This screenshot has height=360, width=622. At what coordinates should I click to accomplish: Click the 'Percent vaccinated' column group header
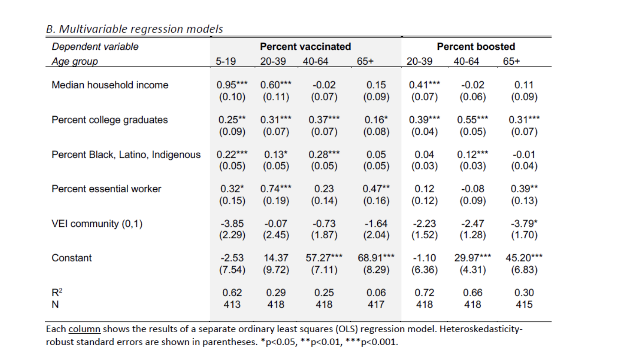(305, 46)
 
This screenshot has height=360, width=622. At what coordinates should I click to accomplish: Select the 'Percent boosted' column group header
(476, 46)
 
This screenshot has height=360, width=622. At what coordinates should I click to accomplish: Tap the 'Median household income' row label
(110, 85)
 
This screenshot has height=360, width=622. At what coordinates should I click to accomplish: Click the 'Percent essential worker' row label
(106, 189)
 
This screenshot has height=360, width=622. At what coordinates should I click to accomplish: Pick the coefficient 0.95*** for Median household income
(232, 85)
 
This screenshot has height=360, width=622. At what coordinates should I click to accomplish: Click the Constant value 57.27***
(324, 258)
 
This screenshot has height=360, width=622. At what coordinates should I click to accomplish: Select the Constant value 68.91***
(376, 258)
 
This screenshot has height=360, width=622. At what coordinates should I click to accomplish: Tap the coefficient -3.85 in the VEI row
(232, 224)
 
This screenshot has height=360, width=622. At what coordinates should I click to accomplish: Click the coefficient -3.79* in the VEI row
(524, 224)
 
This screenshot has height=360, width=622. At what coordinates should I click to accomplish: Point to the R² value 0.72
(424, 293)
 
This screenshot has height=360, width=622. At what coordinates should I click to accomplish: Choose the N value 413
(232, 304)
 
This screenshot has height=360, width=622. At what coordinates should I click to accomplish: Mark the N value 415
(524, 304)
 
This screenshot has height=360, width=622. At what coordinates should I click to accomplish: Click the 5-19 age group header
(226, 61)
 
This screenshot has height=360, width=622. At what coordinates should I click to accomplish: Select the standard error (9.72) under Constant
(276, 270)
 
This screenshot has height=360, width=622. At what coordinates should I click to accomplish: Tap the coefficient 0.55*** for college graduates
(472, 120)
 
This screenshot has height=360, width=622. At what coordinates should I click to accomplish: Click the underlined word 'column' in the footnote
(85, 329)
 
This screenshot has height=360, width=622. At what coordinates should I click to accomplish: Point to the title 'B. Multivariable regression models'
(134, 29)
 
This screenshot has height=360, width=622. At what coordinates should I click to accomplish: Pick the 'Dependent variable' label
(95, 46)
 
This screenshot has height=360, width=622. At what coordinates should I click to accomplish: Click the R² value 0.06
(376, 293)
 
